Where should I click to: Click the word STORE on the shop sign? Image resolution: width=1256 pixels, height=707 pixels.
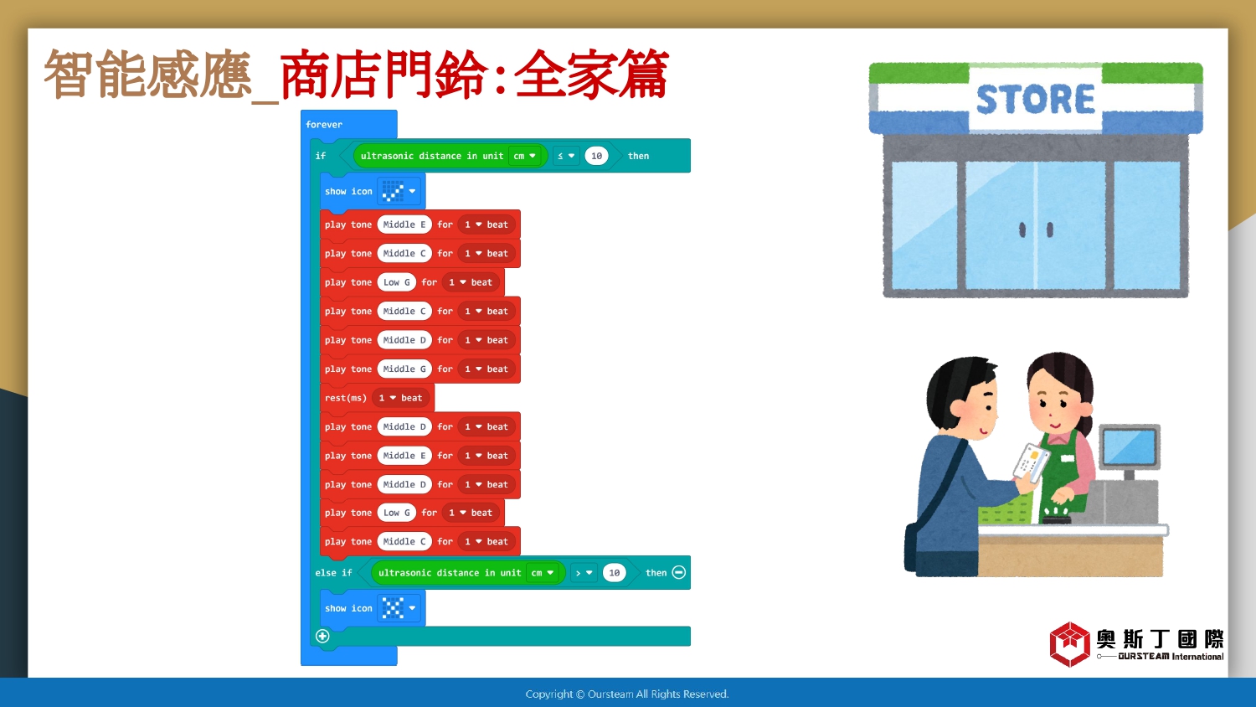pos(1035,100)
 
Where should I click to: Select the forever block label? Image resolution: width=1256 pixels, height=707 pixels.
pos(324,125)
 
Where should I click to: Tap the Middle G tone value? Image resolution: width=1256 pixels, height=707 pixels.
pos(404,369)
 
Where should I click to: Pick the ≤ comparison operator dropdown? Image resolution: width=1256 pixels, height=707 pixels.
pos(566,156)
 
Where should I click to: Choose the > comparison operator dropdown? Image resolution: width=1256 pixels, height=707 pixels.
pos(584,573)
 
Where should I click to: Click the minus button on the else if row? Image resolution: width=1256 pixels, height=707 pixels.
pos(678,572)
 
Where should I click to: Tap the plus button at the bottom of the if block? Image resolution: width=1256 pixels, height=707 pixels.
pos(322,636)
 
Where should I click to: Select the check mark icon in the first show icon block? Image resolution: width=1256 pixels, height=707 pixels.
pos(393,191)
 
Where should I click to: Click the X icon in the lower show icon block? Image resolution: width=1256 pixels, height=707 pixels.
pos(393,607)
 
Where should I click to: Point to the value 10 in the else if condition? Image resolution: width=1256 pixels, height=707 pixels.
pos(614,573)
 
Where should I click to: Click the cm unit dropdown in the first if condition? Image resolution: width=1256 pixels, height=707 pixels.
pos(525,156)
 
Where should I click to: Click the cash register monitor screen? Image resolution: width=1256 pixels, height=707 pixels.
pos(1129,447)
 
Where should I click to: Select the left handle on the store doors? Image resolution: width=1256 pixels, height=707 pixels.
pos(1022,230)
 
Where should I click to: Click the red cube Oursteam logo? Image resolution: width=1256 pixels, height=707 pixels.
pos(1069,643)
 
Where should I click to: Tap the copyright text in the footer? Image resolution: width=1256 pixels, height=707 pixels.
pos(627,694)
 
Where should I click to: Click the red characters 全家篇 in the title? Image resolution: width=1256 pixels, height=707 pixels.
pos(591,75)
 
